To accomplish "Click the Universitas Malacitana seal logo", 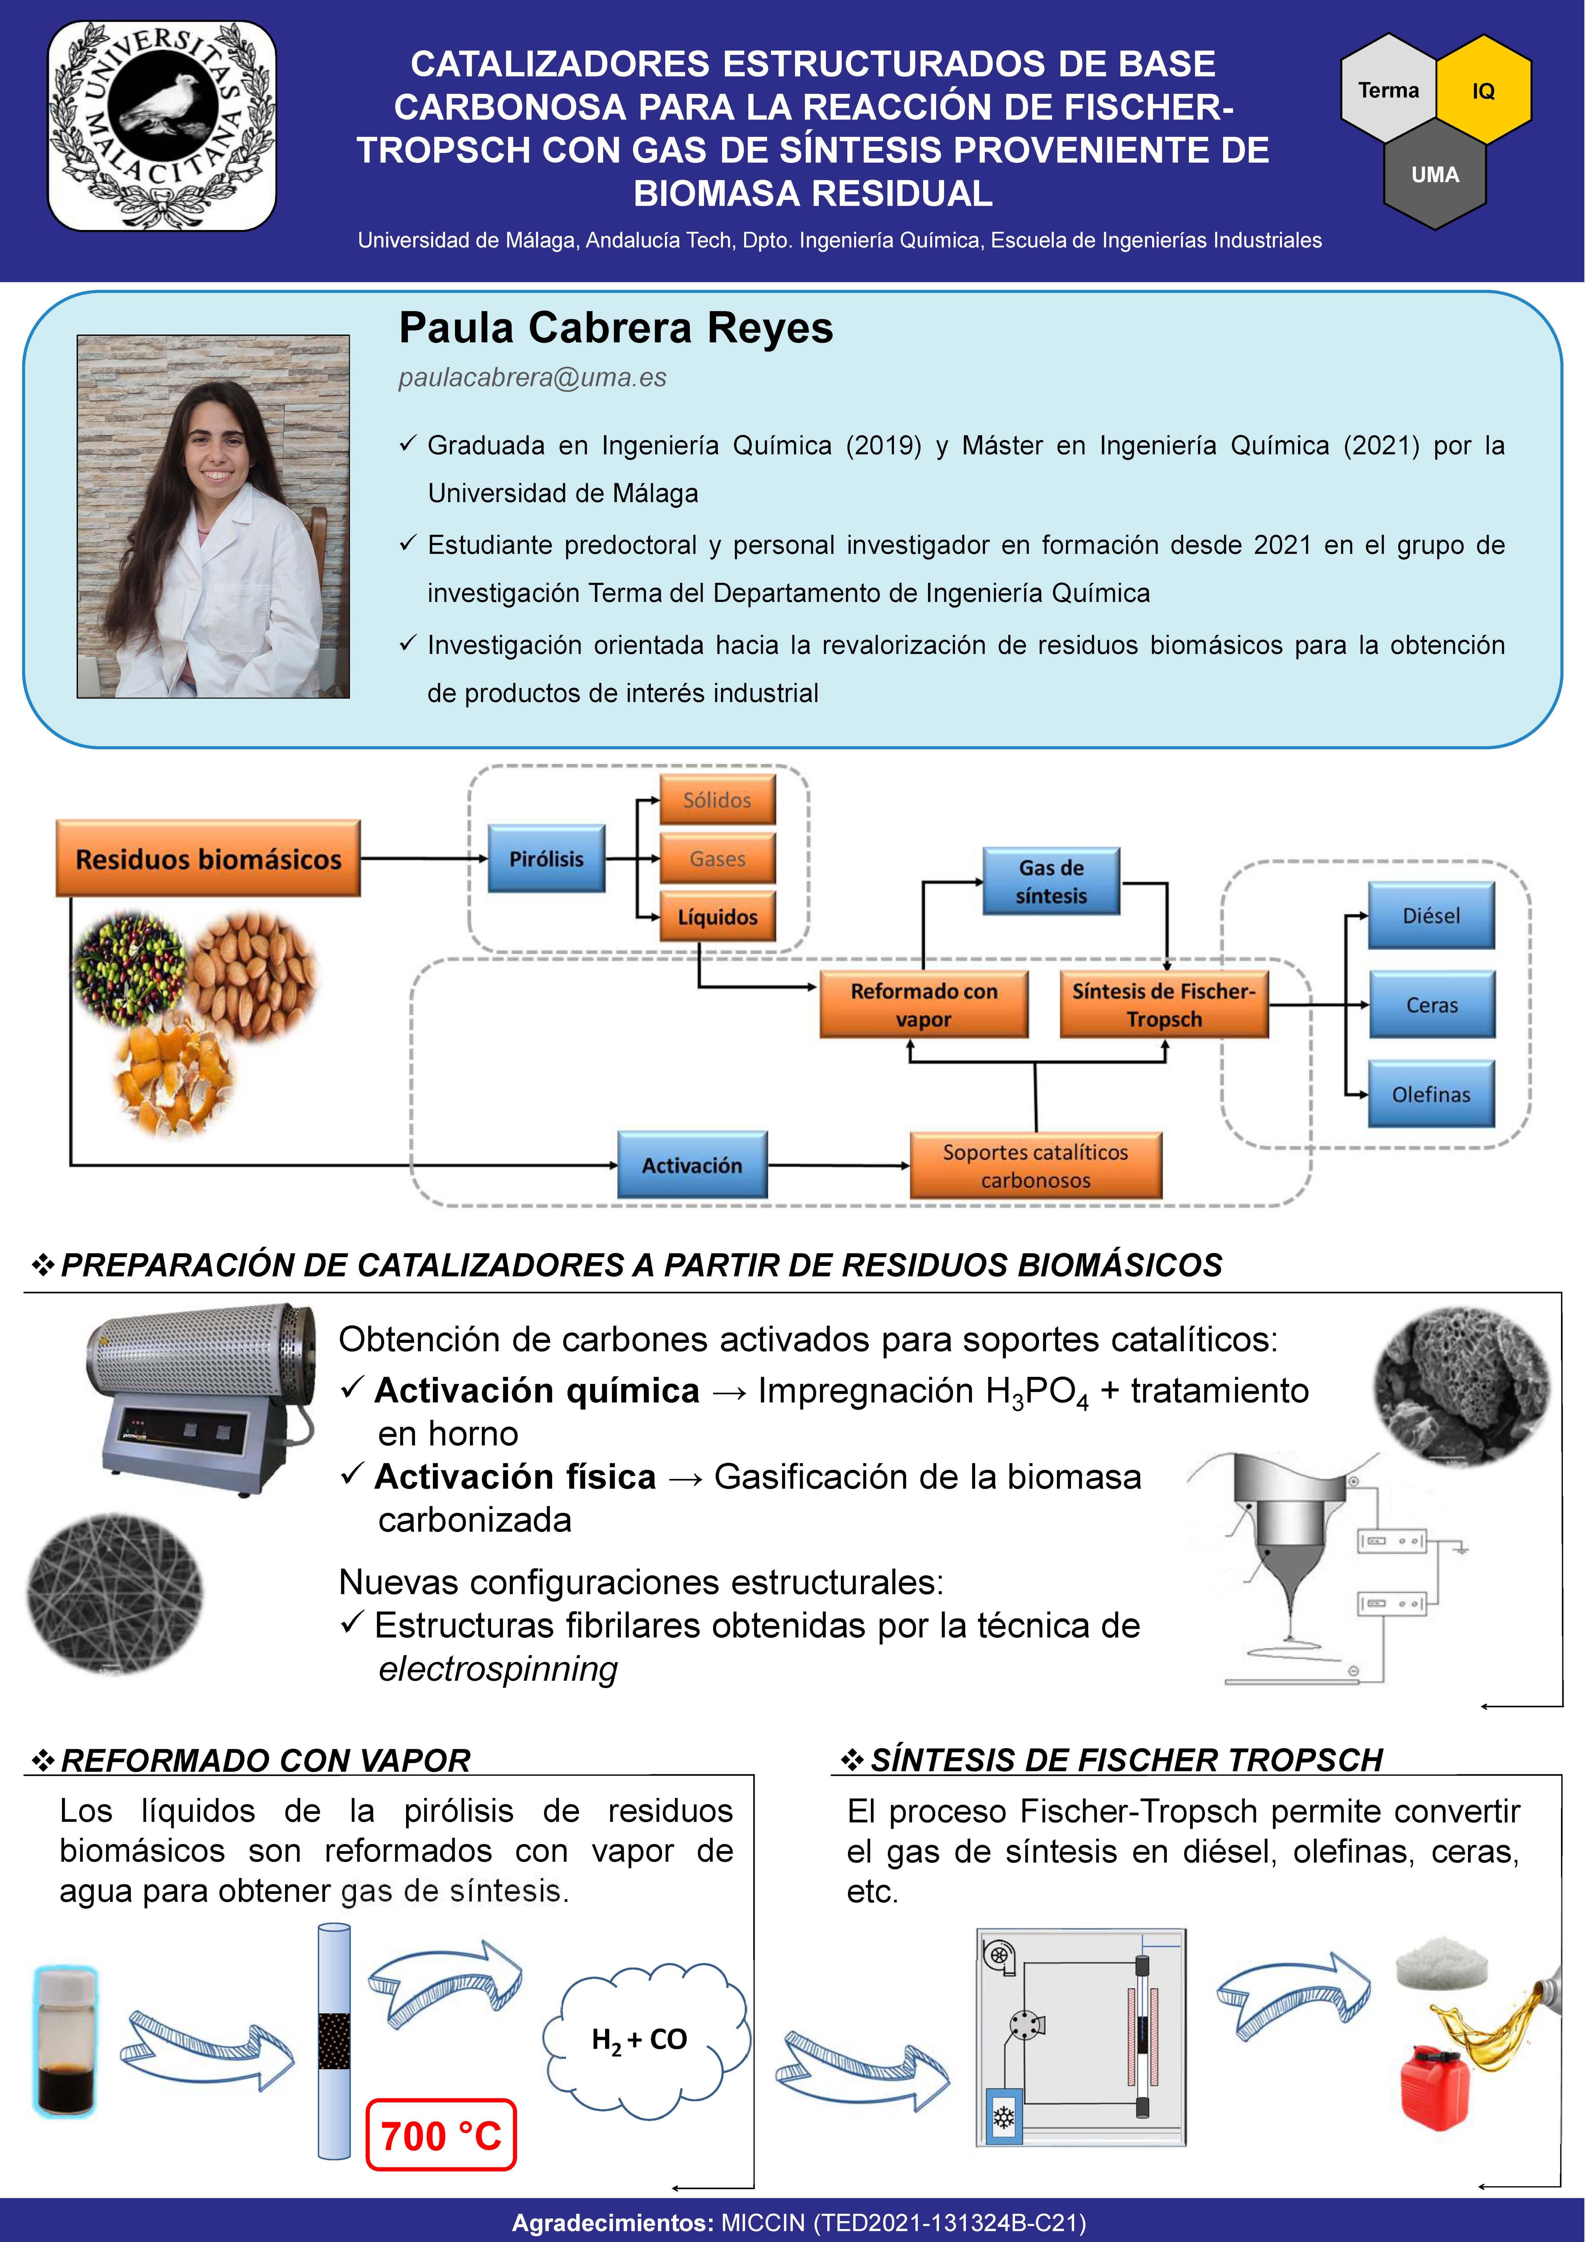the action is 162,125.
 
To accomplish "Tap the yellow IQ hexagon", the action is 1482,90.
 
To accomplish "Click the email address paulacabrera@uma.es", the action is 532,378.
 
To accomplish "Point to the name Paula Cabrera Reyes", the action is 616,328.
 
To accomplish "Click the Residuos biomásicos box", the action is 208,858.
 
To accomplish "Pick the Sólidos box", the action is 718,800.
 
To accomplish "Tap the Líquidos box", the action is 718,917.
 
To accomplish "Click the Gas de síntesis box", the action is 1051,881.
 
